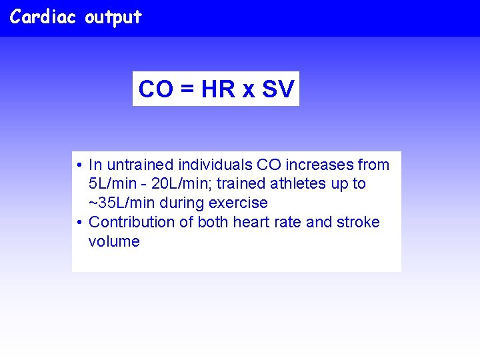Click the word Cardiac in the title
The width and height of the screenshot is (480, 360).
coord(44,17)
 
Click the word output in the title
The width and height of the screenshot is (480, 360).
coord(113,18)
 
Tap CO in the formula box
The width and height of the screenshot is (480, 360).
coord(155,89)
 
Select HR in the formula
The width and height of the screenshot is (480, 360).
coord(218,89)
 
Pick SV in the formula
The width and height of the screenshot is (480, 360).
coord(277,89)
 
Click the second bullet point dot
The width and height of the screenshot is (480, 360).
coord(79,223)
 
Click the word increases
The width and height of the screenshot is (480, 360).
coord(318,165)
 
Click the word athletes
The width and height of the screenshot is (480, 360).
coord(302,184)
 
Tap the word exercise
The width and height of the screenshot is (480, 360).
coord(238,203)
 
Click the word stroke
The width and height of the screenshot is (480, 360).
coord(357,222)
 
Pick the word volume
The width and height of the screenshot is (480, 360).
coord(114,241)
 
